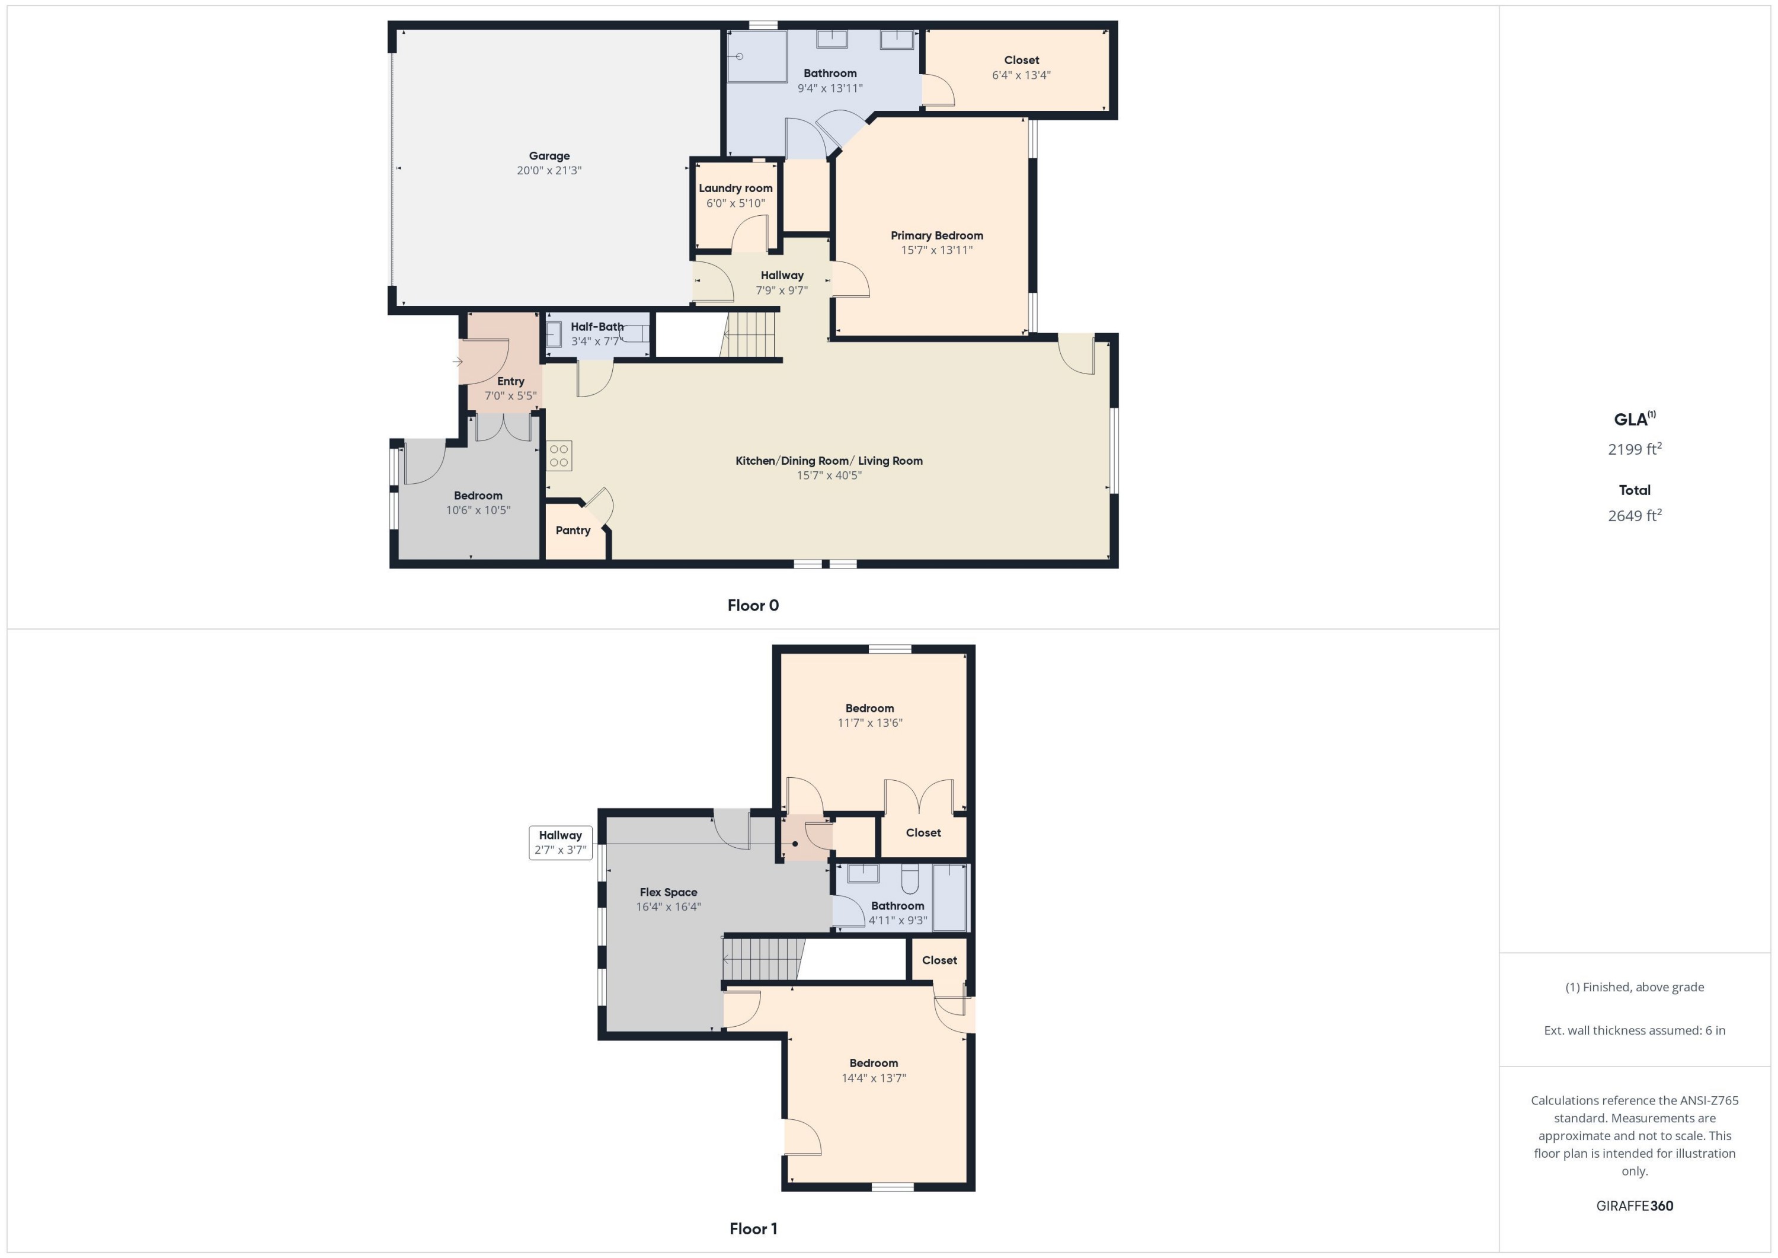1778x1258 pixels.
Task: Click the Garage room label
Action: click(x=549, y=156)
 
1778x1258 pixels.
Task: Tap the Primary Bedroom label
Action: click(x=936, y=235)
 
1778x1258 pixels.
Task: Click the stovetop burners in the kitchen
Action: click(x=559, y=455)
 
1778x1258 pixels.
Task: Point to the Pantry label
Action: click(x=573, y=531)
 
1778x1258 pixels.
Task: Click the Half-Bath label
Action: click(x=597, y=327)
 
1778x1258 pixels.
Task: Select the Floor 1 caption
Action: click(x=753, y=1228)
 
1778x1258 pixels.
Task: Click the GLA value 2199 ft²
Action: click(x=1635, y=449)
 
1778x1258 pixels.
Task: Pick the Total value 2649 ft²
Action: click(x=1635, y=516)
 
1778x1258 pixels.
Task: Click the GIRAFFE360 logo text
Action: click(x=1635, y=1206)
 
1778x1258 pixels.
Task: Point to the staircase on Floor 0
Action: click(x=750, y=334)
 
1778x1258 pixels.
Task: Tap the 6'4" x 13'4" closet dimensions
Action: click(x=1021, y=75)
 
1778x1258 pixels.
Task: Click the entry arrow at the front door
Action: click(x=458, y=361)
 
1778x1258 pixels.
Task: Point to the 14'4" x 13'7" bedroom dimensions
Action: click(x=874, y=1078)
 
